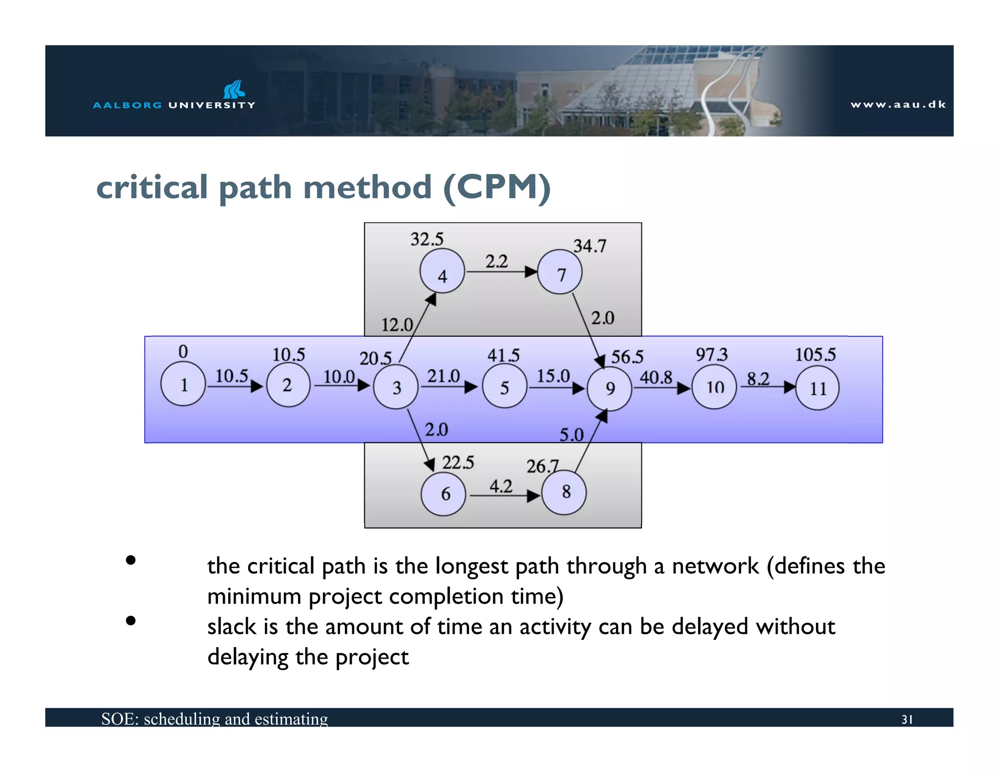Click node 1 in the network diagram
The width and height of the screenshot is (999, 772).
tap(183, 384)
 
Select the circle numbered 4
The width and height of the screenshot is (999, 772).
tap(442, 271)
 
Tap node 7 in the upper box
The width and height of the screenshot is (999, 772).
tap(560, 272)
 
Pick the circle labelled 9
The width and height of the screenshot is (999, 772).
tap(609, 388)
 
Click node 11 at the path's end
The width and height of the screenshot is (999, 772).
tap(817, 388)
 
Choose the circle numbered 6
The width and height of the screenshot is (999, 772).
tap(443, 494)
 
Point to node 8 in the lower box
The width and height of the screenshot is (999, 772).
tap(564, 492)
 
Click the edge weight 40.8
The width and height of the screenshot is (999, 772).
tap(656, 377)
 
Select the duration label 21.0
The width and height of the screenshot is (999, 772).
tap(443, 376)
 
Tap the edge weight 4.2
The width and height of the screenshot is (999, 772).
tap(501, 486)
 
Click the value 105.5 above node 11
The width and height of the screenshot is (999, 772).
tap(815, 354)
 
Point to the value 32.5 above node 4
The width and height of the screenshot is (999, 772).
tap(427, 239)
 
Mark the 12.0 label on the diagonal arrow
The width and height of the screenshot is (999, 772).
tap(397, 325)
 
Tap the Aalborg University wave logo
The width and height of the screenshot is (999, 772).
tap(234, 89)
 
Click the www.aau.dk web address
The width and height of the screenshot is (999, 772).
tap(898, 104)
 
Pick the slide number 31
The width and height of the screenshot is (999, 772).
tap(907, 720)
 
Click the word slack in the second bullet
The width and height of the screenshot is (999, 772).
tap(231, 627)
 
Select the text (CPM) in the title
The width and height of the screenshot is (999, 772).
tap(497, 187)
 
